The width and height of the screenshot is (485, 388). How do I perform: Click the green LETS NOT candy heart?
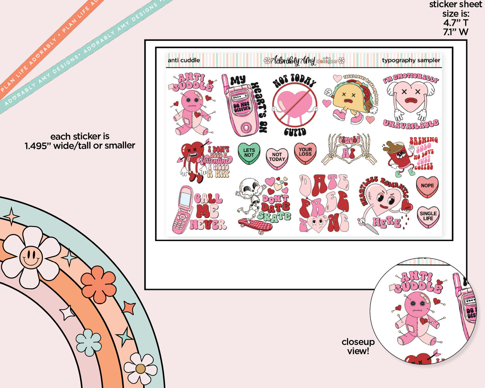(x=249, y=153)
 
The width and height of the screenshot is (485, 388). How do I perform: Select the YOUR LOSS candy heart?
(x=305, y=153)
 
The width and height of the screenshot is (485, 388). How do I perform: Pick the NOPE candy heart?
(x=427, y=186)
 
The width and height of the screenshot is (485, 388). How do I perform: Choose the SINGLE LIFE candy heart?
(x=428, y=216)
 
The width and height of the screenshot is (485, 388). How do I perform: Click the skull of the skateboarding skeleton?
(x=250, y=186)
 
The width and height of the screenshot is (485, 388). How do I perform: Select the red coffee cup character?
(x=399, y=156)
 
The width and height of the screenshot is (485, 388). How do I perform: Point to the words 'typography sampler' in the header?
(x=411, y=60)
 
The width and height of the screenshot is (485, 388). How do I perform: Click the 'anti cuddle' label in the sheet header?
(x=184, y=60)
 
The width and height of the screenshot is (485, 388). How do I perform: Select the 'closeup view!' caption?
(x=358, y=346)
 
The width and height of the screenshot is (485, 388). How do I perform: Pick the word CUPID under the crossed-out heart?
(x=295, y=132)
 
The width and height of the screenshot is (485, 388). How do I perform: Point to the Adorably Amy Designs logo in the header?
(x=304, y=60)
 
